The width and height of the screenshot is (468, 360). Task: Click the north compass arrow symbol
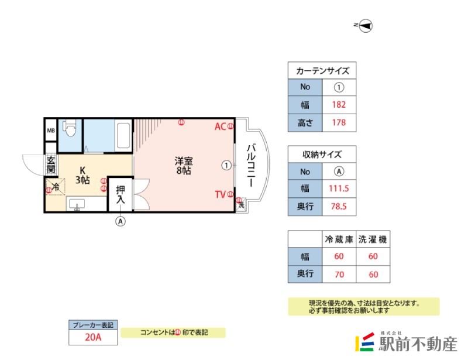(366, 25)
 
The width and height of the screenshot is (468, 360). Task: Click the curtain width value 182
(339, 105)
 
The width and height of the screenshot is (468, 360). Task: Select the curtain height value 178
(339, 123)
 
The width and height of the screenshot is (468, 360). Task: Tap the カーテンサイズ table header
(322, 71)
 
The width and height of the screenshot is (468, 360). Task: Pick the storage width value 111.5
(339, 189)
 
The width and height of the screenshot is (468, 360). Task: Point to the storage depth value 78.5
(339, 207)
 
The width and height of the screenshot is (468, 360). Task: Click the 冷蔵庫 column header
(339, 239)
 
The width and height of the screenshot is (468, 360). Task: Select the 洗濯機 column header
(373, 239)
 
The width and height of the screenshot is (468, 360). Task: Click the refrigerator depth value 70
(339, 273)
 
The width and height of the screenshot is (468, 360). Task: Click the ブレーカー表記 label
(94, 324)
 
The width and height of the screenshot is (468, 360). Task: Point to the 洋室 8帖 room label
(183, 166)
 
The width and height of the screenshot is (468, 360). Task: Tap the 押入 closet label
(121, 194)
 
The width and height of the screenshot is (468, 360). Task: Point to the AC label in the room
(220, 126)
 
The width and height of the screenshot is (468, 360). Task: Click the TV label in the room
(220, 194)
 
